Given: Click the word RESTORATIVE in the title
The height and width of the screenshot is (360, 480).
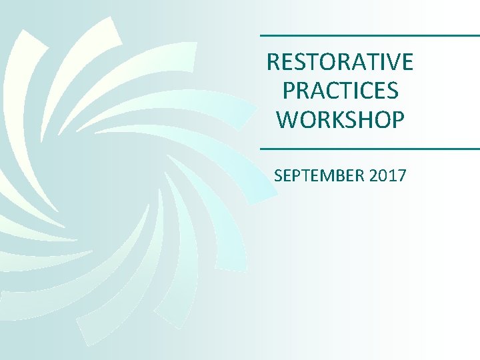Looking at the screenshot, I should (x=340, y=62).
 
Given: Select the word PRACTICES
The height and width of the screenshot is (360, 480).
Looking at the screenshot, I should (x=340, y=91).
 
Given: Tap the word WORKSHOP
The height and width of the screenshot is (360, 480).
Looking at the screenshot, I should (x=340, y=119).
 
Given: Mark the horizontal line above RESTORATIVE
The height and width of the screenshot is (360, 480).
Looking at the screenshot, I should (x=369, y=35).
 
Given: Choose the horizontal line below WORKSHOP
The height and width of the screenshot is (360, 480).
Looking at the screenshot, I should (x=369, y=148).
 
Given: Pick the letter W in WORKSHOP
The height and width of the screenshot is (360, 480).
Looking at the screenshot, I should (x=287, y=119).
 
